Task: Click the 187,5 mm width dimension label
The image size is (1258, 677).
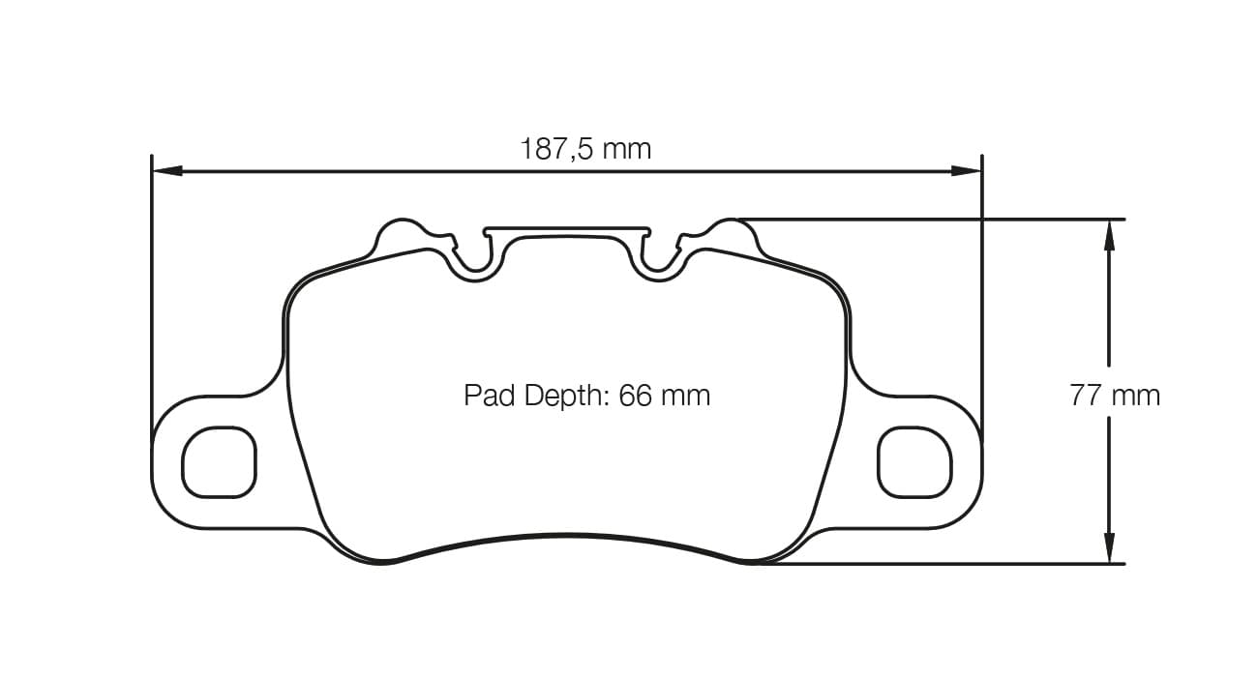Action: coord(585,149)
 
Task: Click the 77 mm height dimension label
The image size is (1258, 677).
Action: coord(1115,395)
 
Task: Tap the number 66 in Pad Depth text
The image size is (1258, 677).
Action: coord(636,396)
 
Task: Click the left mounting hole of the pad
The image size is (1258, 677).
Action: coord(220,462)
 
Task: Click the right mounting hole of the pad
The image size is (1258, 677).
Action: coord(914,462)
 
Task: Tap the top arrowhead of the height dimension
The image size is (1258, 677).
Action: coord(1109,235)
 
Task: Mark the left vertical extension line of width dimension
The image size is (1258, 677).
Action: coord(153,290)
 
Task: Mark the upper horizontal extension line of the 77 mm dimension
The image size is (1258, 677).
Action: coord(929,220)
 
